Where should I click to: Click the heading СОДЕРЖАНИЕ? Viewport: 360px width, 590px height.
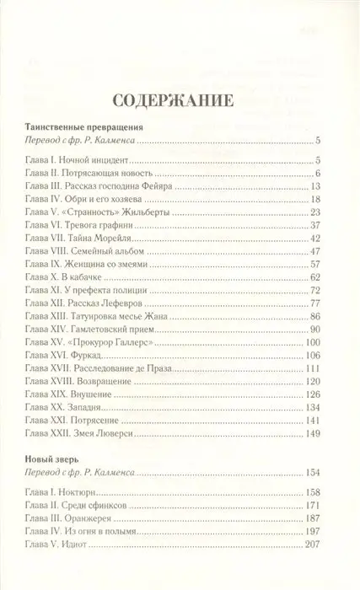click(x=179, y=100)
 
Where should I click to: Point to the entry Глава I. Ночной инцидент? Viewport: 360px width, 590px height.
click(x=79, y=159)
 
